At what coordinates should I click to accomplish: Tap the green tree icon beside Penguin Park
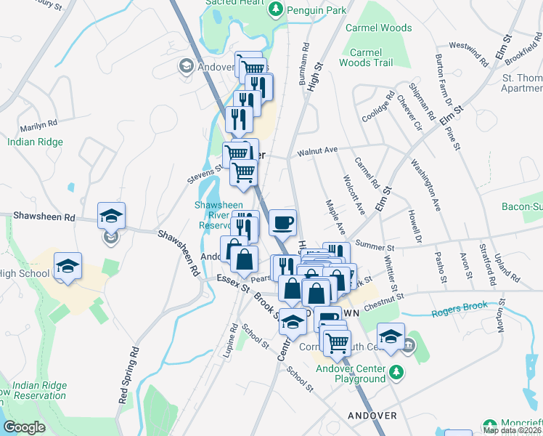click(x=276, y=9)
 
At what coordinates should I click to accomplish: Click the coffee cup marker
click(x=282, y=222)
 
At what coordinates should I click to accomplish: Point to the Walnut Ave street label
click(x=318, y=150)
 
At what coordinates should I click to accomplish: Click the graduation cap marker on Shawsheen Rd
click(x=112, y=216)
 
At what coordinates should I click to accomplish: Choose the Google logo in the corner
click(x=24, y=427)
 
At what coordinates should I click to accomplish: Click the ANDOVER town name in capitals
click(x=372, y=416)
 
